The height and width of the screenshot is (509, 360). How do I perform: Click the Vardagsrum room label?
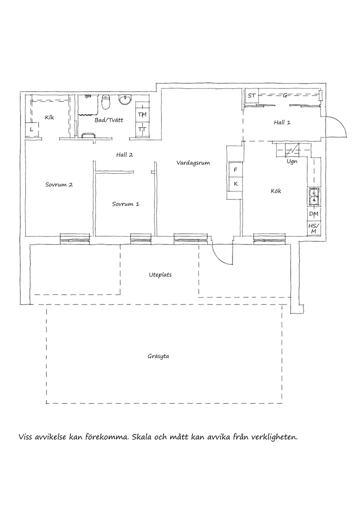pos(193,163)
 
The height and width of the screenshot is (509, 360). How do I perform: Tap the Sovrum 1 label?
pos(126,204)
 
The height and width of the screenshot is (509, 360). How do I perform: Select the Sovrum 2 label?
pos(59,184)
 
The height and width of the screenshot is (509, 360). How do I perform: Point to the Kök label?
pos(276,191)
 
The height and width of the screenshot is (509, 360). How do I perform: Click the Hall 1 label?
pos(282,123)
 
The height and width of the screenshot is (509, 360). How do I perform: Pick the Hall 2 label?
pos(124,154)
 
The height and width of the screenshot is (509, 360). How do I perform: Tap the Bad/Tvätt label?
pos(106,120)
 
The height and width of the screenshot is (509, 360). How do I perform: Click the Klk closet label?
pos(49,117)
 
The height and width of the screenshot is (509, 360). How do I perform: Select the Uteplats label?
pos(160,275)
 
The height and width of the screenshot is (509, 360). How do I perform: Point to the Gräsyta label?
pos(158,356)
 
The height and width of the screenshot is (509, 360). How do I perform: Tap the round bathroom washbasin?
pos(125,101)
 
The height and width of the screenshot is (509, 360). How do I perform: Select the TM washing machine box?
pos(142,114)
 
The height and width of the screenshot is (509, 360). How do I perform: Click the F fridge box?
pos(235,170)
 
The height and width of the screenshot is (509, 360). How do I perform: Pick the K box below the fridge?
pos(235,184)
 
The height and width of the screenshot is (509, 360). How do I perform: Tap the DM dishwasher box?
pos(313,214)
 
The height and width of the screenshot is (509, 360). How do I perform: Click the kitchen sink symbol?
pos(313,197)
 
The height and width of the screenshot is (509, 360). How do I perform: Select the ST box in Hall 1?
pos(251,96)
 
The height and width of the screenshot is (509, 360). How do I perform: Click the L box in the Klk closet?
pos(31,130)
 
